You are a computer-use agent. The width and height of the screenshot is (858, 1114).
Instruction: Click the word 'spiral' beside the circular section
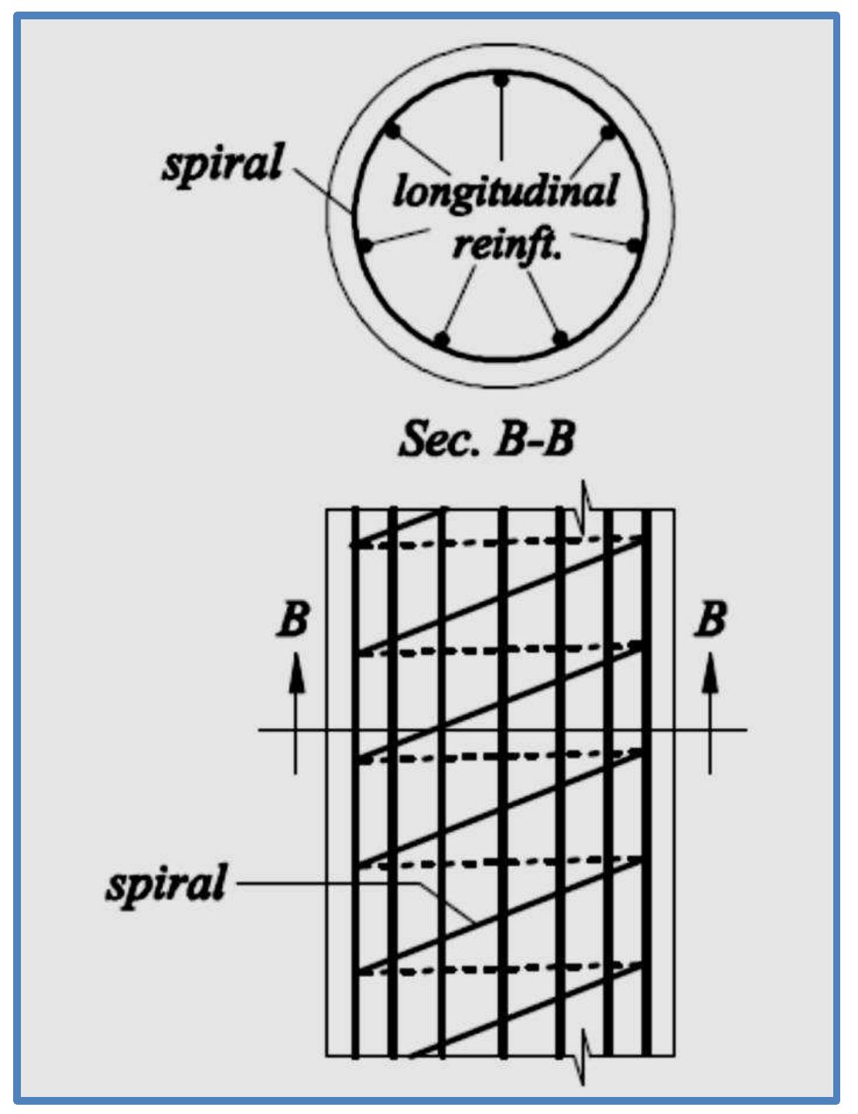[222, 163]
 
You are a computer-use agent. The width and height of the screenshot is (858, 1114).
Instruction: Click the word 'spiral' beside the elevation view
[166, 884]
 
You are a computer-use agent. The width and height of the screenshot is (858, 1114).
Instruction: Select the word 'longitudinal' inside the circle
[505, 191]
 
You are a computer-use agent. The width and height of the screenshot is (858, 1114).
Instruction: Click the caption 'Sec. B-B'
[487, 439]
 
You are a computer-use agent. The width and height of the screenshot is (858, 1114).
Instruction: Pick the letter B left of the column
[293, 620]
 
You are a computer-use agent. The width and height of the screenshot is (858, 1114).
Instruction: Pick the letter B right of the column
[711, 620]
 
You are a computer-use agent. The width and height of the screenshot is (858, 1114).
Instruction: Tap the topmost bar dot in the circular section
[501, 80]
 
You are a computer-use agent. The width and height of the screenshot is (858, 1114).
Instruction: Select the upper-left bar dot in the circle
[393, 132]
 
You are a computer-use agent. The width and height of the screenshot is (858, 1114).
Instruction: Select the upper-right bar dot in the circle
[609, 132]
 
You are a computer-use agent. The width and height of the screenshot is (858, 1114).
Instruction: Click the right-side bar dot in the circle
[634, 247]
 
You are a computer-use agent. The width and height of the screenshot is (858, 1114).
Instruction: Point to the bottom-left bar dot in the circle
[442, 339]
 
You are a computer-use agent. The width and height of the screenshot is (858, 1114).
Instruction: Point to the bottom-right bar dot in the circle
[561, 338]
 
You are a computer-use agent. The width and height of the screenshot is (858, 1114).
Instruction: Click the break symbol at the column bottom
[586, 1057]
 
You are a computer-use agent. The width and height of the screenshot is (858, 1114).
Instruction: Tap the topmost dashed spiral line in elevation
[495, 542]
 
